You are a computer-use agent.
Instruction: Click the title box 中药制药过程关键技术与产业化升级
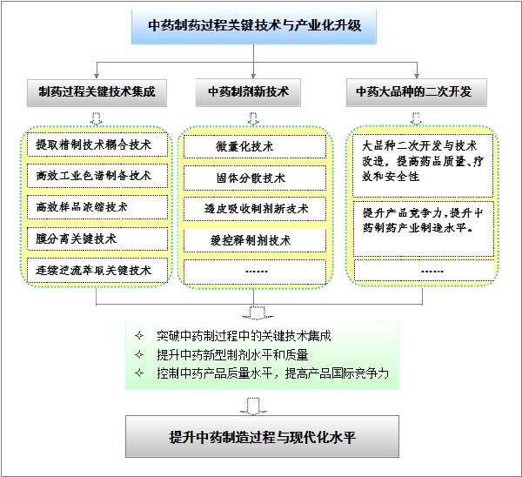[254, 26]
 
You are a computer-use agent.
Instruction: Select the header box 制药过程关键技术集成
[97, 92]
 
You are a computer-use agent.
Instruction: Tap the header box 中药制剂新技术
[248, 92]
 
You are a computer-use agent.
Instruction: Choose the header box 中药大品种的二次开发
[417, 92]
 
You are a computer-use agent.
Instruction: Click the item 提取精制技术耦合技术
[97, 144]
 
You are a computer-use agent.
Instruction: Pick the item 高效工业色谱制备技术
[97, 176]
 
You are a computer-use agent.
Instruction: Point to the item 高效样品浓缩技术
[97, 207]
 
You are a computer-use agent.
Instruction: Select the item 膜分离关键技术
[97, 238]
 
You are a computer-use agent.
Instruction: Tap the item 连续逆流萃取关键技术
[97, 270]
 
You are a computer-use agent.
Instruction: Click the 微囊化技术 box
[255, 146]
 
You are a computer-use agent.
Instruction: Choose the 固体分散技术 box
[255, 178]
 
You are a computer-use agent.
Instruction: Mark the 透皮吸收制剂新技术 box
[255, 209]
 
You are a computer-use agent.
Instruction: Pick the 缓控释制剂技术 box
[255, 240]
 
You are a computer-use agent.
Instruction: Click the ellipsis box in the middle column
[255, 272]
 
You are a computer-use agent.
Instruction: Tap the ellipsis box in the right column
[424, 272]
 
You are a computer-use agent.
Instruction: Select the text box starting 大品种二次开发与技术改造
[423, 165]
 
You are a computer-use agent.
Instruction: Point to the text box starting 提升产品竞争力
[423, 229]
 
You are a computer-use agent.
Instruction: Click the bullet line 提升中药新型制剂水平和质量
[232, 355]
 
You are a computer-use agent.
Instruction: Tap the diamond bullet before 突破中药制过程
[139, 336]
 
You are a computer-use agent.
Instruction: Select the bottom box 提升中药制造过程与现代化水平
[262, 436]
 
